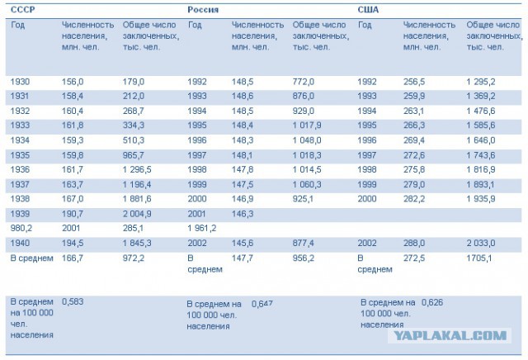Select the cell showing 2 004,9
point(139,214)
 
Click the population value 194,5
point(73,244)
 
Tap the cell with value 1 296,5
point(139,169)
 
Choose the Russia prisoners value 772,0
point(304,82)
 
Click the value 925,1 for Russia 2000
point(304,199)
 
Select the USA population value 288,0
point(414,244)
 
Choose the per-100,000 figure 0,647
point(262,304)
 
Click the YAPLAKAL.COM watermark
point(463,335)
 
